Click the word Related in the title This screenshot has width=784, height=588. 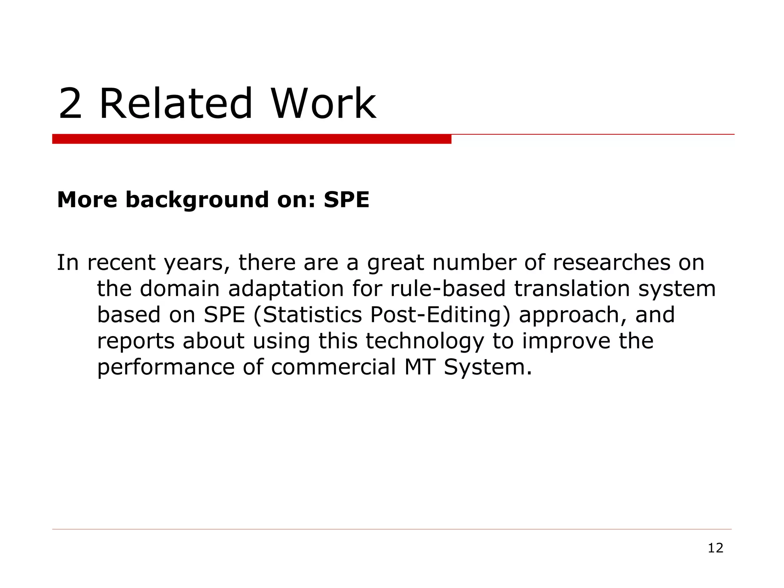176,104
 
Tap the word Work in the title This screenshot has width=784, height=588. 323,104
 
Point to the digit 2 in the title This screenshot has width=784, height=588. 70,104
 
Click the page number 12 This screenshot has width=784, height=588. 715,548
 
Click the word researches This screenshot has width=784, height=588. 611,263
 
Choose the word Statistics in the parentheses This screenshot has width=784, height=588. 311,315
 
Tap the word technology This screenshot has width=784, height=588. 425,341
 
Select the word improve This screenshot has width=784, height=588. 566,341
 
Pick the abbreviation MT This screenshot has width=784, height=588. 420,367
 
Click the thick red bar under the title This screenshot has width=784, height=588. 252,139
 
